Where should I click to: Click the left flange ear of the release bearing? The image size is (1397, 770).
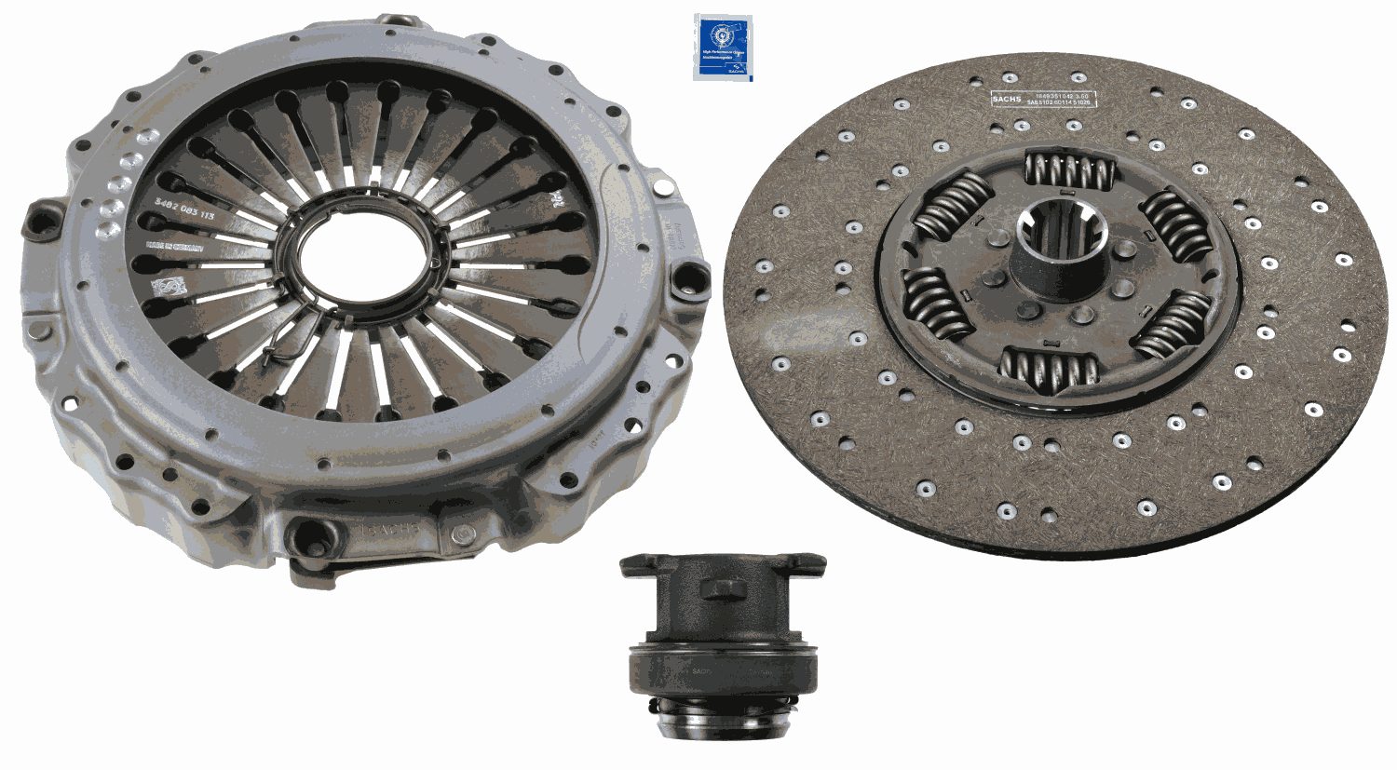click(642, 562)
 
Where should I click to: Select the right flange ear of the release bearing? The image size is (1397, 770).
click(802, 562)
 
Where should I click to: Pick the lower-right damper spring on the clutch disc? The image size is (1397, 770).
click(1173, 323)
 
